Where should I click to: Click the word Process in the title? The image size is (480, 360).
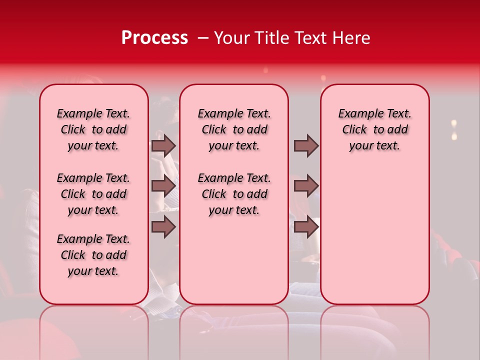coord(154,38)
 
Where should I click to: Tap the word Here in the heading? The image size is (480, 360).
coord(352,38)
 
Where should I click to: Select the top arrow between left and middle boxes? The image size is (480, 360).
coord(163,145)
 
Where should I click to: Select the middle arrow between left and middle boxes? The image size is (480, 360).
coord(163,186)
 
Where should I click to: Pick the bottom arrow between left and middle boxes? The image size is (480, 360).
coord(163,226)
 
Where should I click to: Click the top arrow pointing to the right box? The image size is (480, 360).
coord(306,145)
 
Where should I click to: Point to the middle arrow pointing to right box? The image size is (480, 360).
coord(306,186)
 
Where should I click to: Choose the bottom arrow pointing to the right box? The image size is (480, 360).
coord(306,226)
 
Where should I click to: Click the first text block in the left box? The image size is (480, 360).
coord(93,129)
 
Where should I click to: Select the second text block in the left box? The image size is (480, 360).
coord(93,194)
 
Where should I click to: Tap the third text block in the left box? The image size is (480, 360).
coord(93,255)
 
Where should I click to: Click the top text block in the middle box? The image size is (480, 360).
coord(234,129)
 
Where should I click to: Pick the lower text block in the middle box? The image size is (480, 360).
coord(234,194)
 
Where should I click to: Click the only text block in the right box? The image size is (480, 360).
coord(374,129)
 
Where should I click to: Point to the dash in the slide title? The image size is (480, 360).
coord(202,38)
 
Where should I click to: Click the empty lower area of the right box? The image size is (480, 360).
coord(374,235)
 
